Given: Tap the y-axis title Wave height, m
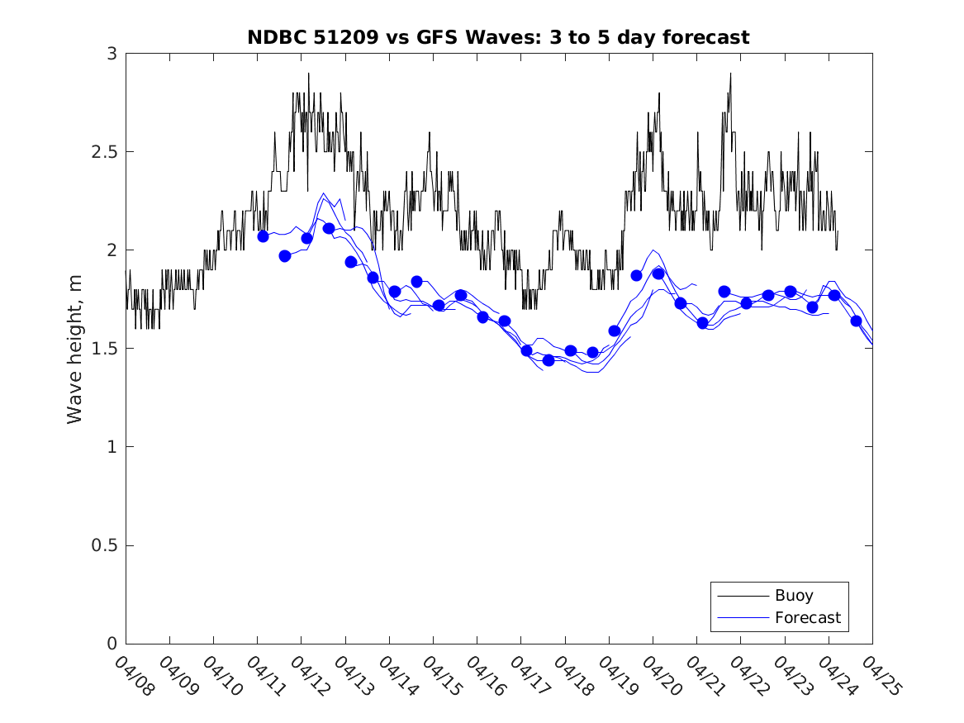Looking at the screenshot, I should (x=75, y=349).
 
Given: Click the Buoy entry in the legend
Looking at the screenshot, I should (x=794, y=596).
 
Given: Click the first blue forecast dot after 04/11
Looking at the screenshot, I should (x=264, y=236).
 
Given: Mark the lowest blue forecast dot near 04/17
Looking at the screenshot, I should (x=548, y=360).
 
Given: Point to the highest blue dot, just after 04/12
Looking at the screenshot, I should (x=329, y=228).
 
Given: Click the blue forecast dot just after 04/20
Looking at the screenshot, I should (x=658, y=274).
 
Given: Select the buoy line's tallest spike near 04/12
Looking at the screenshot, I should (x=309, y=74).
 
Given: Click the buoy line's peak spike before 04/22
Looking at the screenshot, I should (x=730, y=74).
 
